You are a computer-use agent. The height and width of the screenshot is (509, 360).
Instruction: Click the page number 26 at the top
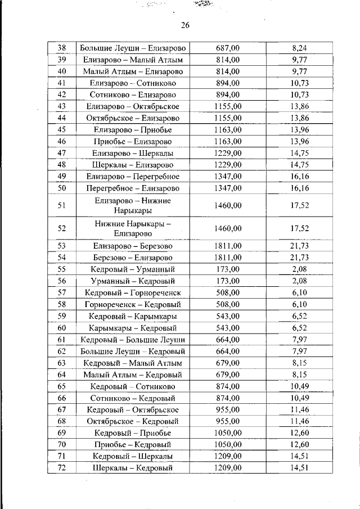(x=186, y=25)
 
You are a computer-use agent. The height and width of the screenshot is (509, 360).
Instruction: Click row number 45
(x=62, y=129)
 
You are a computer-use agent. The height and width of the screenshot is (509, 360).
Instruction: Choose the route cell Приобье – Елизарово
(x=133, y=141)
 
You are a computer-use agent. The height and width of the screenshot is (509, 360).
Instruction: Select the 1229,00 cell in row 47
(x=228, y=153)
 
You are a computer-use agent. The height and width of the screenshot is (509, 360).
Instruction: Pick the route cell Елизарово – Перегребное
(x=133, y=176)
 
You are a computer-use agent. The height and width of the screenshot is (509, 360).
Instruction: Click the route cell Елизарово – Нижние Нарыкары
(x=133, y=205)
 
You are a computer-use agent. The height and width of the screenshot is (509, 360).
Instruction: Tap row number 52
(x=62, y=228)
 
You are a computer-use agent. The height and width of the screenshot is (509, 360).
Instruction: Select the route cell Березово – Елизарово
(x=133, y=257)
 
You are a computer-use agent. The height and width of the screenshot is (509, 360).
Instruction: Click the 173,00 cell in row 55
(x=228, y=269)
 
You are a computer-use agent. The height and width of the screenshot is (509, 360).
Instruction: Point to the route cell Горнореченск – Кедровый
(x=133, y=304)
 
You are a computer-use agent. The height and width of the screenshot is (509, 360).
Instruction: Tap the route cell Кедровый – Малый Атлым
(x=133, y=363)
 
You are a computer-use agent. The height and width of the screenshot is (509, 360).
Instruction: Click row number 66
(x=62, y=398)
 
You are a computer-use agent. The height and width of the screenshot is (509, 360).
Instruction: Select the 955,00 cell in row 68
(x=228, y=421)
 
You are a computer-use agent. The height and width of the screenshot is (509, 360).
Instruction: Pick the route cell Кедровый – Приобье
(x=133, y=433)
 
